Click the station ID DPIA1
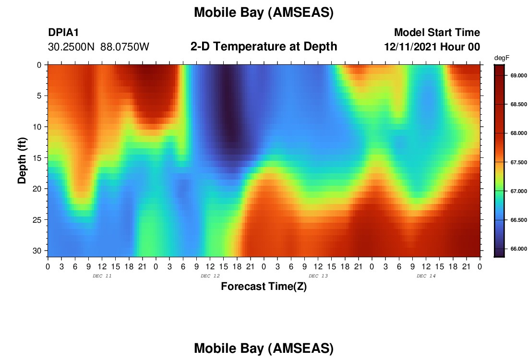point(63,32)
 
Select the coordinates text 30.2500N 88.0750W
point(98,47)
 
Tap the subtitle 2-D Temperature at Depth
point(264,47)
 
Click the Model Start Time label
point(437,32)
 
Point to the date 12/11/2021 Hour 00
point(432,47)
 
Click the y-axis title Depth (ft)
point(22,160)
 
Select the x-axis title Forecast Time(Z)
point(264,286)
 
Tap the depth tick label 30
point(37,251)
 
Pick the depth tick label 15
point(37,158)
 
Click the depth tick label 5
point(39,96)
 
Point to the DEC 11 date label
point(102,276)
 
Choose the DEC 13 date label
point(318,276)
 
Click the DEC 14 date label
point(426,276)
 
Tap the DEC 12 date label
point(210,276)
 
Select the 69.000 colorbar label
point(518,75)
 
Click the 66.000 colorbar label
point(518,249)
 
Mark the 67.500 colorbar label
point(518,162)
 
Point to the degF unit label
point(502,58)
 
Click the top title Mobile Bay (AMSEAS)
point(264,12)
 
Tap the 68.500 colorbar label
point(518,104)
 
